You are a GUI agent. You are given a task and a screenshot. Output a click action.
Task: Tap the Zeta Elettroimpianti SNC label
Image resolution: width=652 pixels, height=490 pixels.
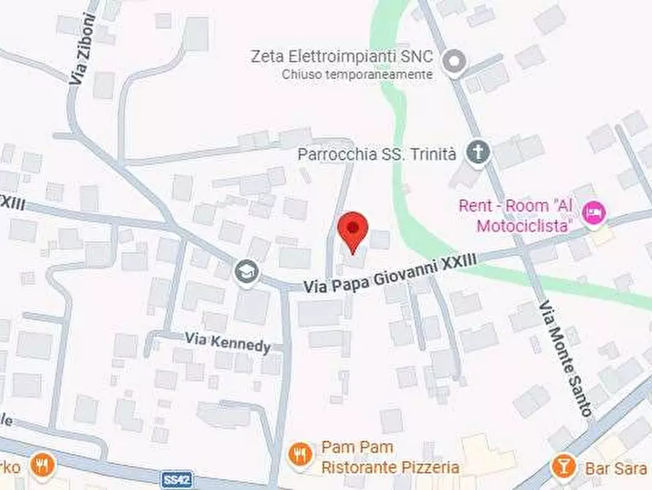(342, 56)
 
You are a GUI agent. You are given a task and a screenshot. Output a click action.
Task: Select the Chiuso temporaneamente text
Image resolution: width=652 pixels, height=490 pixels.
(357, 74)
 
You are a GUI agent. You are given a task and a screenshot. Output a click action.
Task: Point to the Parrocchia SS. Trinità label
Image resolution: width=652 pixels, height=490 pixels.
(377, 154)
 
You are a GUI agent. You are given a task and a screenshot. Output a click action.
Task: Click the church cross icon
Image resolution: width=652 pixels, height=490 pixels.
(478, 153)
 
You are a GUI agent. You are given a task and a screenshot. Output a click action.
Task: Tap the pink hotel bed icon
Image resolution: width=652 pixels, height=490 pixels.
(594, 213)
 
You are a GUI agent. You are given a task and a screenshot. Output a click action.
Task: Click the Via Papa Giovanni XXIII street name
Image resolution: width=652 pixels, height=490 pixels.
(391, 273)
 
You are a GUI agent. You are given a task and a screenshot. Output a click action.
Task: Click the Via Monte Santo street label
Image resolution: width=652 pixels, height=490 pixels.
(567, 358)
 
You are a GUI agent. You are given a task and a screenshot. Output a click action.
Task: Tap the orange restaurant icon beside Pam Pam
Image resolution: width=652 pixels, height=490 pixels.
(299, 455)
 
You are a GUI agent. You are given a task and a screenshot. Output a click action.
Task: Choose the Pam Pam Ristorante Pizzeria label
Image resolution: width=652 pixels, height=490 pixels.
(390, 457)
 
